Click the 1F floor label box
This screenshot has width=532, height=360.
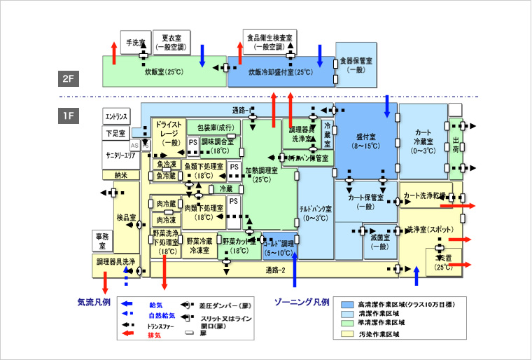(68, 114)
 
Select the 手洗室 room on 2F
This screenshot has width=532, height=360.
(133, 41)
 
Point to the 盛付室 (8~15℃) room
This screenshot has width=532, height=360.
(366, 141)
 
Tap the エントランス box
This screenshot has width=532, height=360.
(116, 116)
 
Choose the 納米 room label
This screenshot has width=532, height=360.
(121, 175)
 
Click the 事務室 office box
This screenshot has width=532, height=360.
(101, 241)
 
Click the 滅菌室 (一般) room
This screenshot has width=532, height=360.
(379, 242)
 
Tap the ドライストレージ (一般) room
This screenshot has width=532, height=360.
(168, 133)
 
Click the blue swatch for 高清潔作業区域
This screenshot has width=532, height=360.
(346, 305)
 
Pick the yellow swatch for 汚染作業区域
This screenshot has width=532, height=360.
(346, 335)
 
